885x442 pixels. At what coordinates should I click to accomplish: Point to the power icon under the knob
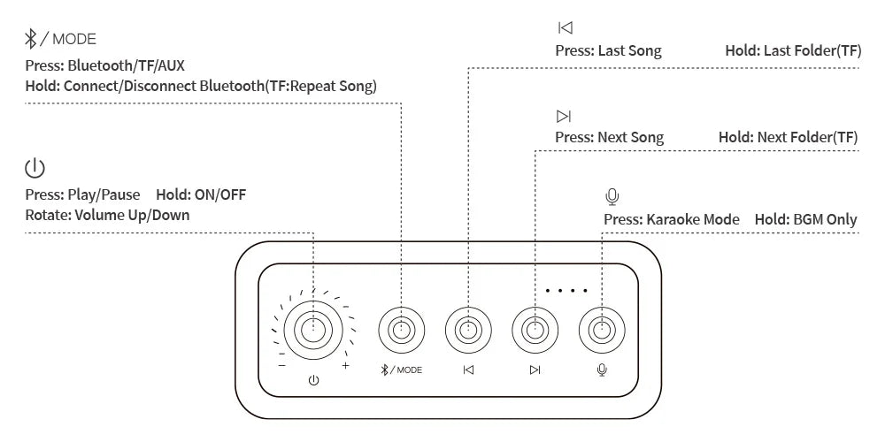tap(313, 381)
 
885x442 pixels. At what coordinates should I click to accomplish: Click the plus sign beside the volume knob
tap(345, 365)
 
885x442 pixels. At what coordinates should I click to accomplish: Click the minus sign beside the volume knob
tap(281, 365)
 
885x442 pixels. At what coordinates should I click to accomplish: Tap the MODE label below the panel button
tap(409, 370)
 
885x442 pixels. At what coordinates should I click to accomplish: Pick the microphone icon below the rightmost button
tap(602, 370)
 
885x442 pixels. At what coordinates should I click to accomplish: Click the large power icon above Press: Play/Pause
tap(35, 168)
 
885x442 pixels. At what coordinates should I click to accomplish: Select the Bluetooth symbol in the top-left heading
tap(31, 39)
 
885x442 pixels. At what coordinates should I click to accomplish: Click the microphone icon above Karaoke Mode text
tap(612, 196)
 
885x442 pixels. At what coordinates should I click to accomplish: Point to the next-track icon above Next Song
tap(564, 117)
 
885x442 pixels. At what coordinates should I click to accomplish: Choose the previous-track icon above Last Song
tap(565, 28)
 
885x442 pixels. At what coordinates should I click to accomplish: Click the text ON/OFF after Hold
tap(219, 194)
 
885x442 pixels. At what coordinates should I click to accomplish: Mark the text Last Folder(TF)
tap(812, 50)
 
